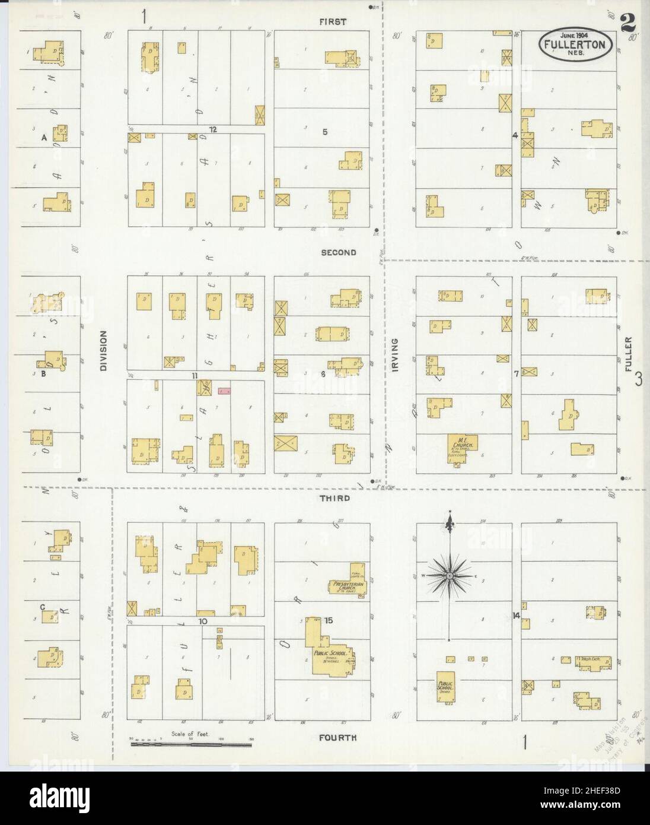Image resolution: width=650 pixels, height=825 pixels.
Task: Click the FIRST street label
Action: point(332,22)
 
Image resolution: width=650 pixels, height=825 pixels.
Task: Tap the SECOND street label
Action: point(338,252)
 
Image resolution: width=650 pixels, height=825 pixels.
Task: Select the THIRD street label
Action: point(335,499)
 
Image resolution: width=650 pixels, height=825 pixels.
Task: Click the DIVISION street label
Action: point(103,351)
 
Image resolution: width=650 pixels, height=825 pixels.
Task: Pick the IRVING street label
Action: point(394,355)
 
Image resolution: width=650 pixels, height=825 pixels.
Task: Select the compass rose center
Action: point(450,576)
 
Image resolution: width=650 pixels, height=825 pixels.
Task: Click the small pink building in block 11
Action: point(224,391)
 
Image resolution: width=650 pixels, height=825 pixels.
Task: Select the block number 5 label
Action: point(324,132)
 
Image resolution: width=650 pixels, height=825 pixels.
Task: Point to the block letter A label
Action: point(43,138)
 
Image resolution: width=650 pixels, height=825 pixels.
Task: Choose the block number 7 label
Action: point(516,373)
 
